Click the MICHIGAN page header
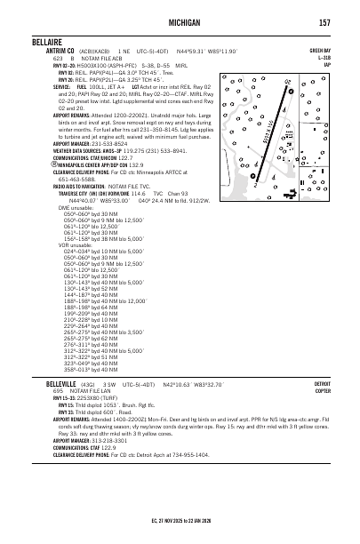coord(181,21)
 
